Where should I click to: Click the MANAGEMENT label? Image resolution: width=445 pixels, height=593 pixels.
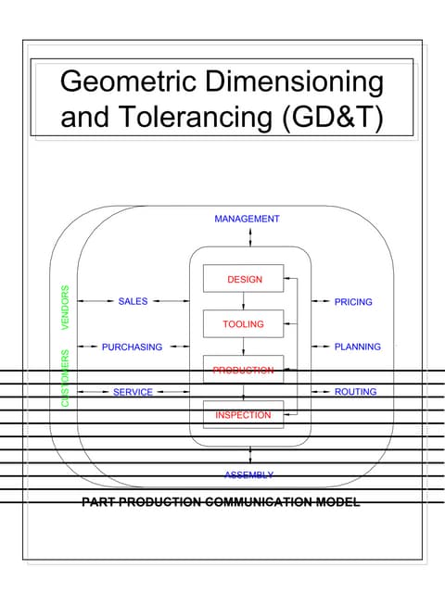click(x=247, y=220)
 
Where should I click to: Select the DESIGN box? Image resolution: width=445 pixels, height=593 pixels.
click(x=244, y=279)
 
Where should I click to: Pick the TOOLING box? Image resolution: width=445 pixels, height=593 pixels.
click(x=244, y=324)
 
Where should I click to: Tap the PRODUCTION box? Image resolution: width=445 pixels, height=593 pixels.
click(x=244, y=370)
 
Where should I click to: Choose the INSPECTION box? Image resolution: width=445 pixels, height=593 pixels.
click(x=244, y=415)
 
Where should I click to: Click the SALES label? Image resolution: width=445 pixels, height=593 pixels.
click(x=133, y=301)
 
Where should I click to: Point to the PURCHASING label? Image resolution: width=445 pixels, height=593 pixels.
click(x=132, y=347)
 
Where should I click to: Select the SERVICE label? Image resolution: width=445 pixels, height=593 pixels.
click(x=133, y=392)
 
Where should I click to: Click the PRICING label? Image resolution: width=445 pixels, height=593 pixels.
click(x=353, y=302)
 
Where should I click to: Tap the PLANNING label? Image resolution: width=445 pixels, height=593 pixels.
click(x=357, y=347)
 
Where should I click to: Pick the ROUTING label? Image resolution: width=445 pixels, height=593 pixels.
click(x=355, y=392)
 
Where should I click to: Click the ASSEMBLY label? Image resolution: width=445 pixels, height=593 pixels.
click(x=249, y=475)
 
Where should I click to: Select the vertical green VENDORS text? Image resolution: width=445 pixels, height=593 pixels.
click(x=66, y=308)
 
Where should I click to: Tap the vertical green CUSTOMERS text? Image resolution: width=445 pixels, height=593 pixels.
click(x=66, y=378)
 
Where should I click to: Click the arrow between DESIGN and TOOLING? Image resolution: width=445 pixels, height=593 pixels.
click(x=244, y=301)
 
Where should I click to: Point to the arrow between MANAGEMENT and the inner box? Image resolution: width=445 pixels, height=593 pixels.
click(x=250, y=236)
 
